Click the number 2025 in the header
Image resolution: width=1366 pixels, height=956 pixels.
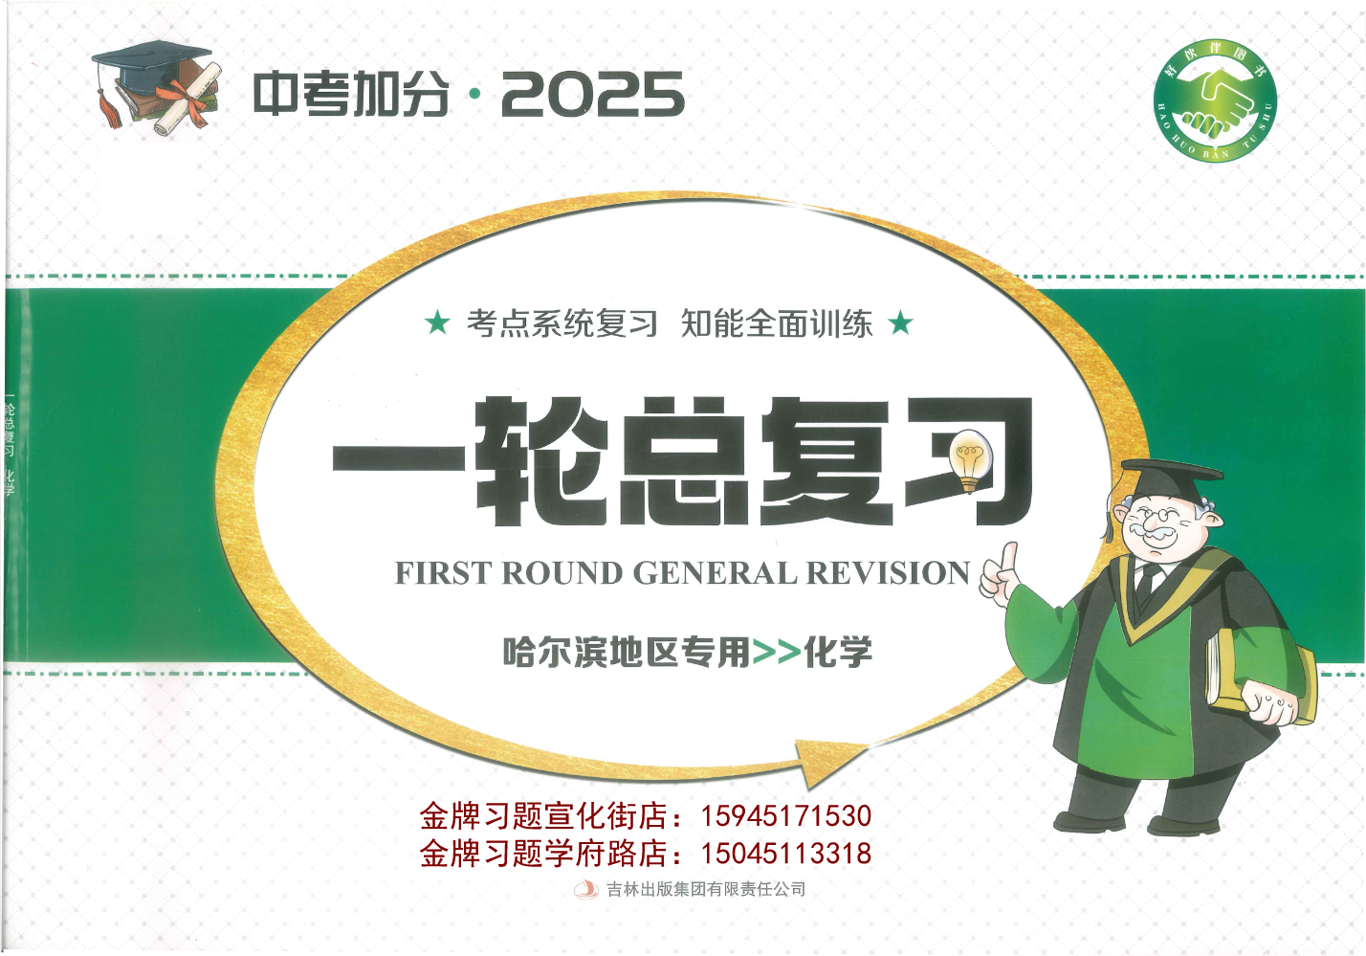point(592,94)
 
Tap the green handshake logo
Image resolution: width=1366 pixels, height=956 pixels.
point(1215,103)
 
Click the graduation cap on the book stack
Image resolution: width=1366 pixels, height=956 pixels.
point(152,67)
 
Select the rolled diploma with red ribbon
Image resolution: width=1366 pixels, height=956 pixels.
point(185,98)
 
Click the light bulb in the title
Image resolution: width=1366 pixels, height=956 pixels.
point(970,460)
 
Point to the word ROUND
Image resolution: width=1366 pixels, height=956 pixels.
point(562,573)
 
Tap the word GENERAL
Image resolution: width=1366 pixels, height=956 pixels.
point(715,573)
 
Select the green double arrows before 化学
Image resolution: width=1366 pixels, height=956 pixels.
point(777,653)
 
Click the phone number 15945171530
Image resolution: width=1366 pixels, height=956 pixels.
point(786,815)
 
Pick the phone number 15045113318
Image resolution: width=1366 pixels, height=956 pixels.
point(786,853)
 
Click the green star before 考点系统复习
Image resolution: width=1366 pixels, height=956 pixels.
point(437,322)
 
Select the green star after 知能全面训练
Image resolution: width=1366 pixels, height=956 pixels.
point(901,322)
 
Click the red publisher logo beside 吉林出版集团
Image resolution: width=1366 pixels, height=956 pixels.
point(586,890)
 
